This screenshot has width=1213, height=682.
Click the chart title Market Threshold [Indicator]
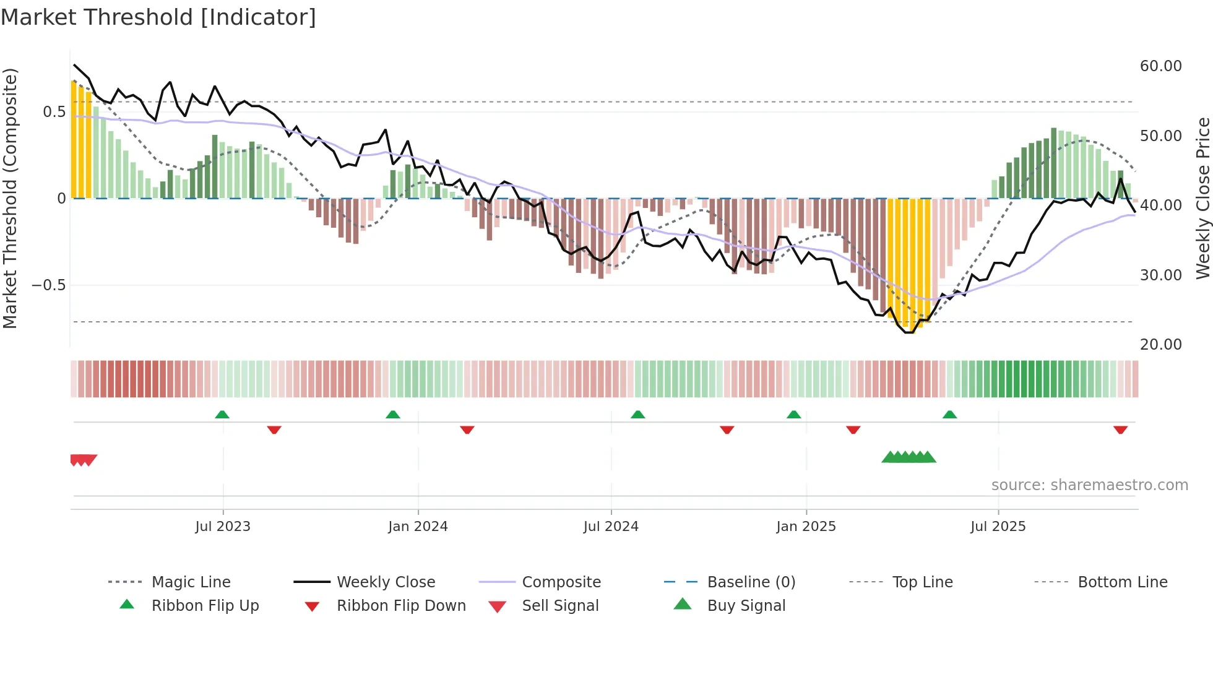pyautogui.click(x=158, y=17)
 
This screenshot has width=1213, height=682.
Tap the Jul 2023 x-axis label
pyautogui.click(x=223, y=527)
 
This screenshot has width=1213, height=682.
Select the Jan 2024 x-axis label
pyautogui.click(x=418, y=527)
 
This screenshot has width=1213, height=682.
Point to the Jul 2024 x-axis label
pyautogui.click(x=611, y=527)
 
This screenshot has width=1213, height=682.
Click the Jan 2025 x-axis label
pyautogui.click(x=806, y=527)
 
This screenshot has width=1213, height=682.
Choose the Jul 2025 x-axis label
pyautogui.click(x=998, y=527)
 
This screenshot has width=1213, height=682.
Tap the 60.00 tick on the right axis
pyautogui.click(x=1160, y=66)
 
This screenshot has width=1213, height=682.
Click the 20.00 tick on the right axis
pyautogui.click(x=1160, y=345)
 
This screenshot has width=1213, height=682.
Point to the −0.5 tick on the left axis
pyautogui.click(x=49, y=285)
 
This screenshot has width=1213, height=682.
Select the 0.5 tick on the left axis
pyautogui.click(x=54, y=112)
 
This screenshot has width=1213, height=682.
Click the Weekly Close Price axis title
pyautogui.click(x=1202, y=198)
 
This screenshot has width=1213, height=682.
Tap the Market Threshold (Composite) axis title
pyautogui.click(x=10, y=198)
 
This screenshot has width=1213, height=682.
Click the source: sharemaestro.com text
pyautogui.click(x=1089, y=485)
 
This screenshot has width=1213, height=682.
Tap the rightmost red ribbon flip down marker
pyautogui.click(x=1120, y=429)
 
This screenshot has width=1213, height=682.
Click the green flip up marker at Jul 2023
pyautogui.click(x=222, y=415)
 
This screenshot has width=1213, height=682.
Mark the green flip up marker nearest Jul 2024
pyautogui.click(x=638, y=415)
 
